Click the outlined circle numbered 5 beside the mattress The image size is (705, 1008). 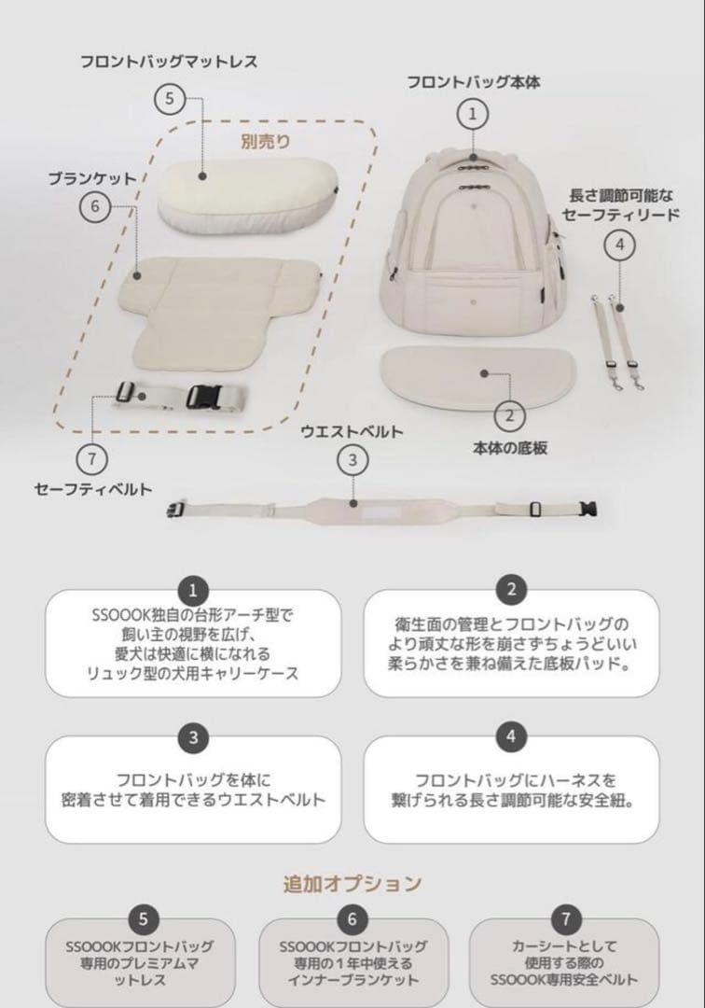(170, 97)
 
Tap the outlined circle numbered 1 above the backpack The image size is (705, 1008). (473, 115)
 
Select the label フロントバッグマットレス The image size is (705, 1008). (169, 62)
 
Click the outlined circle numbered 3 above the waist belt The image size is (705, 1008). (352, 459)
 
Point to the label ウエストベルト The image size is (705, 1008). (352, 431)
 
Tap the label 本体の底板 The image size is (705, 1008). (509, 447)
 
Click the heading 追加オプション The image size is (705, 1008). (352, 882)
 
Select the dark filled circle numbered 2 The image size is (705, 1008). (511, 589)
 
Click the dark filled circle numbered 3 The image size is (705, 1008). (192, 735)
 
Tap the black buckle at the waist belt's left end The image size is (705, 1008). (176, 509)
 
